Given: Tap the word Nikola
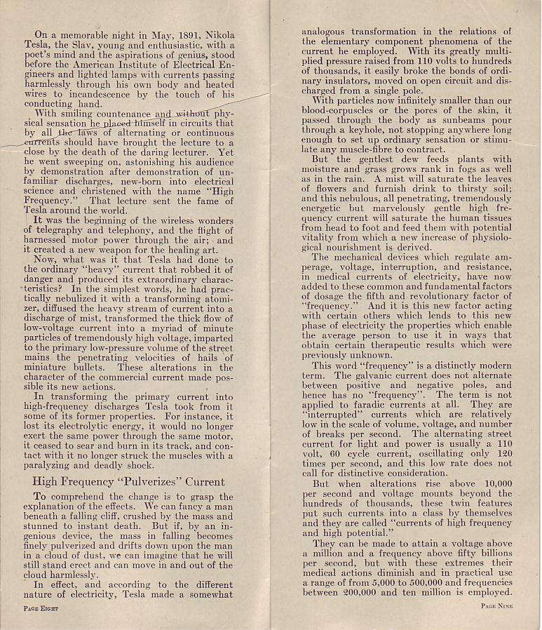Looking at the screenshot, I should click(217, 34).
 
